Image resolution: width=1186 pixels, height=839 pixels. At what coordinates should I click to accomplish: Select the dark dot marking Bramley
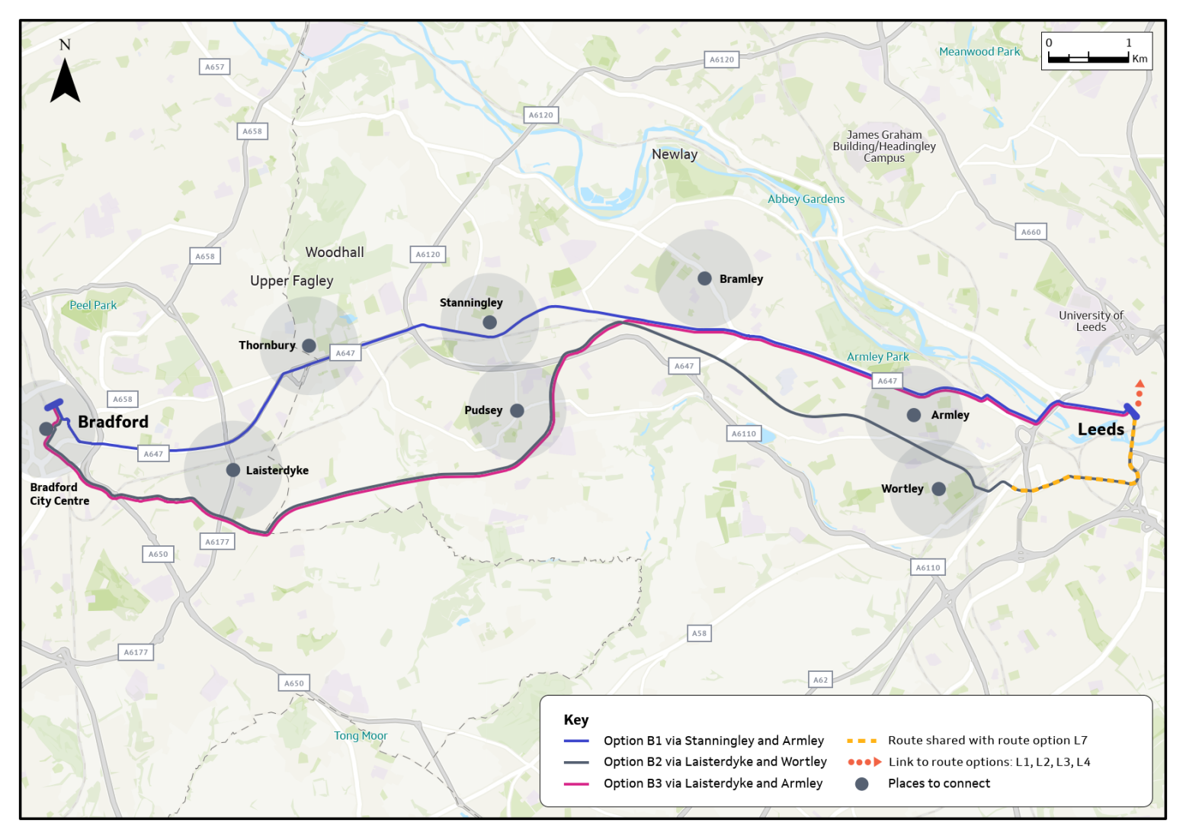pyautogui.click(x=704, y=279)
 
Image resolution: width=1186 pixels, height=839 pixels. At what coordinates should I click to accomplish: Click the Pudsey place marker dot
pyautogui.click(x=517, y=410)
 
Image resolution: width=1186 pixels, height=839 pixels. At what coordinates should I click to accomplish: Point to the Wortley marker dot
pyautogui.click(x=938, y=489)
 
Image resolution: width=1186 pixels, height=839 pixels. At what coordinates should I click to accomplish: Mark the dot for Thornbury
pyautogui.click(x=309, y=346)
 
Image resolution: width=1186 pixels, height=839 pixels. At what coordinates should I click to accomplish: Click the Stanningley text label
pyautogui.click(x=471, y=303)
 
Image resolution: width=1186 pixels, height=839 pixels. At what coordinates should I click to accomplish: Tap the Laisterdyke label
pyautogui.click(x=277, y=471)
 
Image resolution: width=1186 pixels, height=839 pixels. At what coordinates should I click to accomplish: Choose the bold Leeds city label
pyautogui.click(x=1100, y=429)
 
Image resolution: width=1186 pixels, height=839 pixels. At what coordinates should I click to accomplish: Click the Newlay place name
pyautogui.click(x=674, y=154)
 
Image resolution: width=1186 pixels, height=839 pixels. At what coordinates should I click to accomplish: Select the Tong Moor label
pyautogui.click(x=361, y=736)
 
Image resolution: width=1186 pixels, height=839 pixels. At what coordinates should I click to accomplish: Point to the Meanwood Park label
pyautogui.click(x=979, y=52)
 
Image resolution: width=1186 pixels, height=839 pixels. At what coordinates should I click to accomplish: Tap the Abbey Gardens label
pyautogui.click(x=806, y=199)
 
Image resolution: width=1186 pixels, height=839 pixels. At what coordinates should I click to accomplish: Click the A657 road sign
pyautogui.click(x=215, y=67)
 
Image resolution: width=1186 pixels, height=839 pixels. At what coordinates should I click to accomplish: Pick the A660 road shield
pyautogui.click(x=1031, y=232)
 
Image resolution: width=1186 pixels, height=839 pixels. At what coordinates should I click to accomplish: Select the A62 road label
pyautogui.click(x=820, y=680)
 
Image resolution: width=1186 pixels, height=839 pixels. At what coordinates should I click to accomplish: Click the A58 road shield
pyautogui.click(x=699, y=633)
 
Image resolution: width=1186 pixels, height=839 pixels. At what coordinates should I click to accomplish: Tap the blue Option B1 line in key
pyautogui.click(x=576, y=741)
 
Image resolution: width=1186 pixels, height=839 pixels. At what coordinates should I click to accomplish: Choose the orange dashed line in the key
pyautogui.click(x=861, y=741)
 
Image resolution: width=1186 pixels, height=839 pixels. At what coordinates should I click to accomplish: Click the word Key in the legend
pyautogui.click(x=576, y=720)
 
